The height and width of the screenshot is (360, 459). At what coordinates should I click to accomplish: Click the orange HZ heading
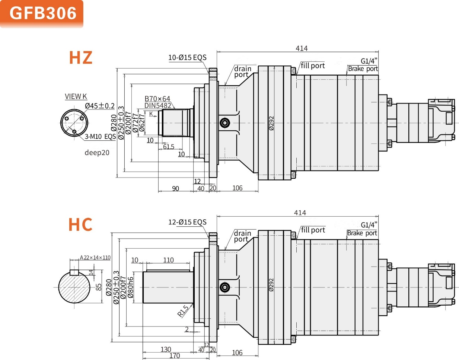click(x=80, y=58)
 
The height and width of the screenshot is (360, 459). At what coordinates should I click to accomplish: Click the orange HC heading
click(x=80, y=225)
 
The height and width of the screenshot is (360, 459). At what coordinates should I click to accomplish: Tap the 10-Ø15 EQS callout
click(x=187, y=57)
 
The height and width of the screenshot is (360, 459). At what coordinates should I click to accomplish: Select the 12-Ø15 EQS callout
click(x=187, y=222)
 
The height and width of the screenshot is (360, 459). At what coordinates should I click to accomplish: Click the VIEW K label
click(x=76, y=96)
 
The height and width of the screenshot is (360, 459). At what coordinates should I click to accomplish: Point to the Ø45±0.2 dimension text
click(x=100, y=106)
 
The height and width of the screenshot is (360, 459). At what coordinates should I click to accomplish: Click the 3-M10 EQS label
click(x=100, y=137)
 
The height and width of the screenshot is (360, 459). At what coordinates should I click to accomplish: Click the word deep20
click(x=97, y=153)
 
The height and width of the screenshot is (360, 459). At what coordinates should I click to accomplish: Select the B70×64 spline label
click(x=157, y=99)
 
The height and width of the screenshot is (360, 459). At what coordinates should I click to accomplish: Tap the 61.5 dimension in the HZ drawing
click(x=169, y=147)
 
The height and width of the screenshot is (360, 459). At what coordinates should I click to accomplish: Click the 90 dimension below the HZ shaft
click(x=175, y=188)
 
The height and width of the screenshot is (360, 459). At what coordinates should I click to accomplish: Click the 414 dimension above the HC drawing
click(x=300, y=213)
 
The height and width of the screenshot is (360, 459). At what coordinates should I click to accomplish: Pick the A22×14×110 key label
click(x=95, y=258)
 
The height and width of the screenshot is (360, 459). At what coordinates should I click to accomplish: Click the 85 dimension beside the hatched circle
click(x=99, y=287)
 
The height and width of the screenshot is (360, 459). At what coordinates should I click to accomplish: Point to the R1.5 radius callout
click(x=183, y=311)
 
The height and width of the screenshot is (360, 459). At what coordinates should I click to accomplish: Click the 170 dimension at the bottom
click(x=175, y=356)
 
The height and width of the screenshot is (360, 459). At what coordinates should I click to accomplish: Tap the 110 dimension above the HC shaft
click(x=168, y=260)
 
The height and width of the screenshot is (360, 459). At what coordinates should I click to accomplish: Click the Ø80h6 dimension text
click(x=130, y=287)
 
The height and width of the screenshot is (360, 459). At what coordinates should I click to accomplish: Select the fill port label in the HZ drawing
click(x=313, y=66)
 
